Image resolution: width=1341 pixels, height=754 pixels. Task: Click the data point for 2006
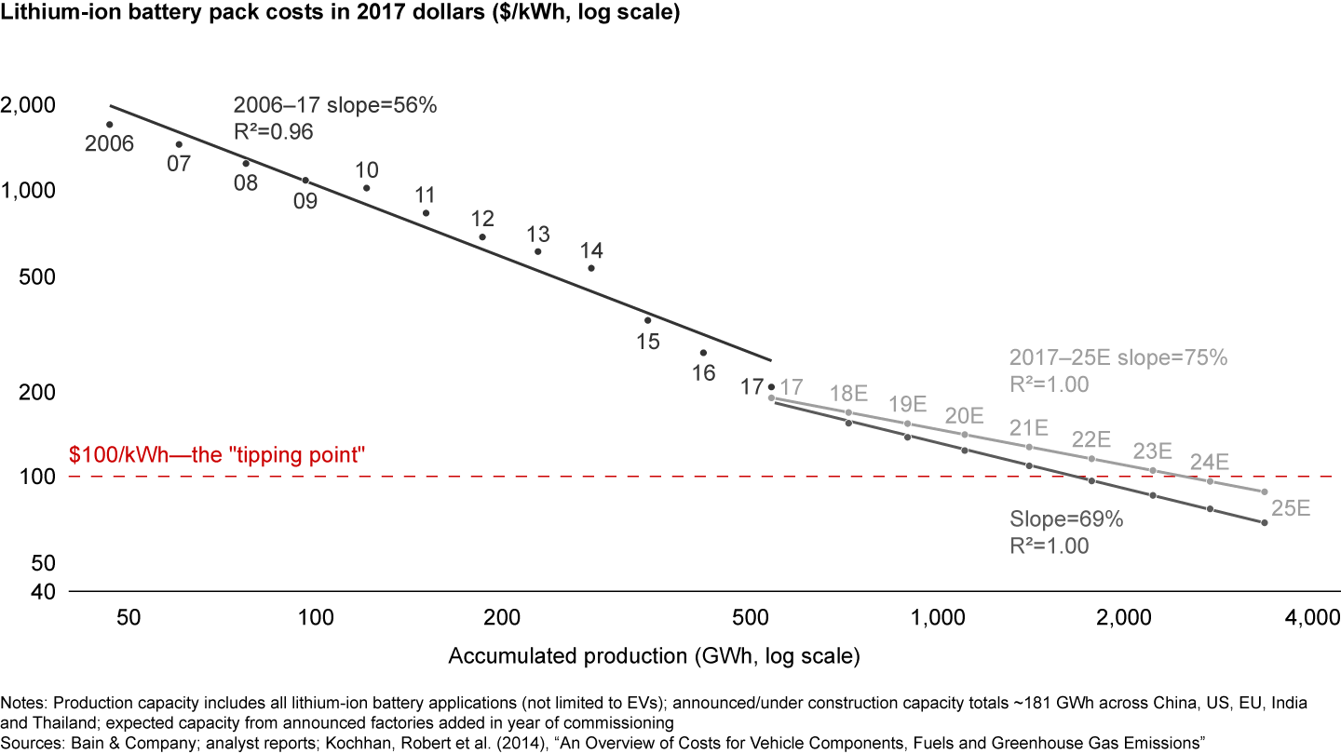pyautogui.click(x=109, y=125)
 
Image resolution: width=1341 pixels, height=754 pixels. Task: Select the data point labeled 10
pyautogui.click(x=366, y=188)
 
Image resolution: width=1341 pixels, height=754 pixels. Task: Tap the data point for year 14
pyautogui.click(x=591, y=268)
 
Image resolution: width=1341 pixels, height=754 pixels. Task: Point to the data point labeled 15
pyautogui.click(x=648, y=320)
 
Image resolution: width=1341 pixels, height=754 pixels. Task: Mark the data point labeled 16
pyautogui.click(x=703, y=353)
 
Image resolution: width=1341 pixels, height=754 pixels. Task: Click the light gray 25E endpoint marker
pyautogui.click(x=1264, y=491)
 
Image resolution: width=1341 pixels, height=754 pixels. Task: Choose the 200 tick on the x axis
pyautogui.click(x=502, y=617)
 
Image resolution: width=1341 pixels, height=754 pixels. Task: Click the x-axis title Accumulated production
pyautogui.click(x=654, y=655)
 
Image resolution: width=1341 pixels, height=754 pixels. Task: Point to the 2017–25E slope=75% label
pyautogui.click(x=1118, y=358)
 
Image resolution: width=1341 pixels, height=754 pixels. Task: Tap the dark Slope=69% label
pyautogui.click(x=1066, y=519)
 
